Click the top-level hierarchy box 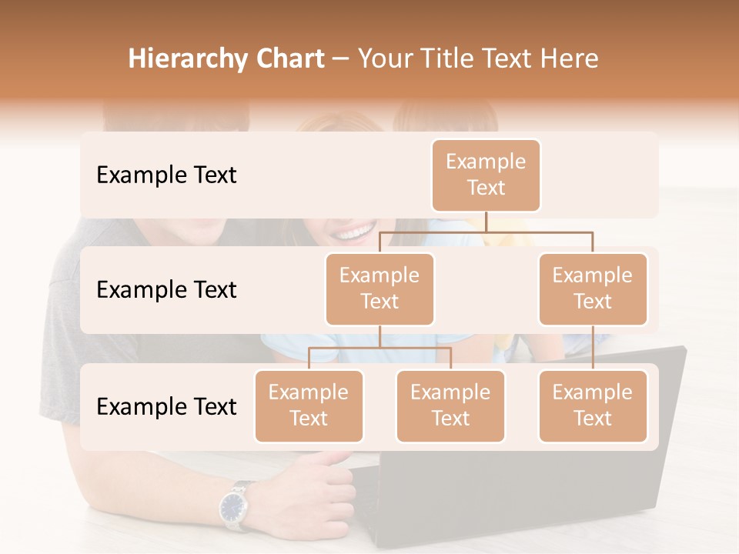pyautogui.click(x=486, y=175)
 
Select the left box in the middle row pyautogui.click(x=380, y=289)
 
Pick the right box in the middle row pyautogui.click(x=593, y=289)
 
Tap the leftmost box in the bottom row pyautogui.click(x=309, y=406)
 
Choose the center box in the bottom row pyautogui.click(x=450, y=406)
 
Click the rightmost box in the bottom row pyautogui.click(x=593, y=406)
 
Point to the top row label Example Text pyautogui.click(x=166, y=175)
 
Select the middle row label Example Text pyautogui.click(x=166, y=290)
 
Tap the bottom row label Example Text pyautogui.click(x=166, y=407)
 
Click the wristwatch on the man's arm pyautogui.click(x=234, y=506)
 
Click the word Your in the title pyautogui.click(x=384, y=58)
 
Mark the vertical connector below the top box pyautogui.click(x=486, y=222)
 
